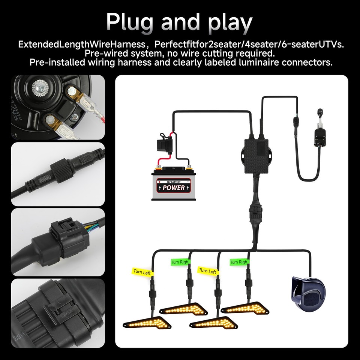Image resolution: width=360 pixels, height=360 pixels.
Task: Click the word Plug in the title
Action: pos(129,22)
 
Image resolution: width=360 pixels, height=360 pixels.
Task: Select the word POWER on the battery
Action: pos(174,188)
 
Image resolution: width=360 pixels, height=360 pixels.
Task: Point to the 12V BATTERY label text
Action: pos(174,182)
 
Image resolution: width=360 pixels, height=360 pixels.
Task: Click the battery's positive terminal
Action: pos(158,166)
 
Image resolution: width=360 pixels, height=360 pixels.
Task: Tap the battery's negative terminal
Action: pos(189,166)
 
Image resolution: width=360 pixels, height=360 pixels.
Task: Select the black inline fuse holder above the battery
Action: pos(164,145)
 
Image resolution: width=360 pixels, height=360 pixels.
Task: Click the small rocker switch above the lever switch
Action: pos(320,112)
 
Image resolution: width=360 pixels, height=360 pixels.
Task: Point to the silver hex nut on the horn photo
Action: pos(40,88)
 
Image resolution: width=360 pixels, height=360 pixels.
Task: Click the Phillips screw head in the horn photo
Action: pos(75,117)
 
